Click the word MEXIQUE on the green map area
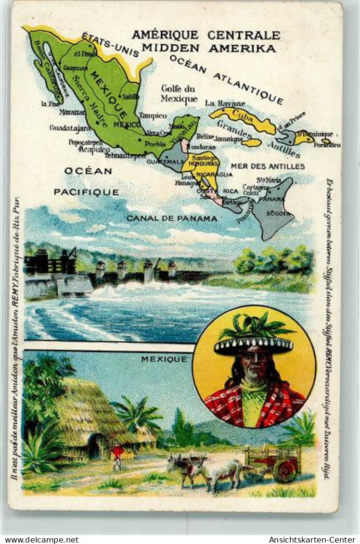tap(109, 95)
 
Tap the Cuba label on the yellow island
tap(243, 116)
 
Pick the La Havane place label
tap(225, 103)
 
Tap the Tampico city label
tap(153, 115)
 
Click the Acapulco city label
tap(94, 149)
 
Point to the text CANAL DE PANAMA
tap(172, 218)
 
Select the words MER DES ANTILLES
tap(268, 166)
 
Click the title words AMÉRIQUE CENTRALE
tap(206, 35)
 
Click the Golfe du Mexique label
tap(179, 94)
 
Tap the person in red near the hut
tap(117, 455)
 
